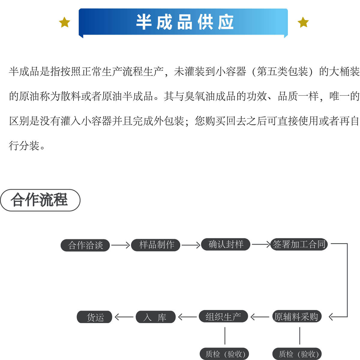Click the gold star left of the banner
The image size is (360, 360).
64,22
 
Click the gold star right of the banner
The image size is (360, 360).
303,22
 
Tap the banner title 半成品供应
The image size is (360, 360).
184,22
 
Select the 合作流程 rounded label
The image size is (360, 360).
40,200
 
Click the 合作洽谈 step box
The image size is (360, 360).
85,245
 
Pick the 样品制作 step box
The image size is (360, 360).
156,245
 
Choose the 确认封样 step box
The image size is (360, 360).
226,244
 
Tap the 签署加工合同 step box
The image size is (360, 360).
299,244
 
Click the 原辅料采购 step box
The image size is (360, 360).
296,317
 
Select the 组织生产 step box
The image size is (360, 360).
223,317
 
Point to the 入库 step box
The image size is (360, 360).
155,317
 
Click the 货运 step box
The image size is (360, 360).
95,317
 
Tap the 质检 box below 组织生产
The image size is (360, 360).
225,354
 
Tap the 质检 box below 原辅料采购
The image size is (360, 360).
297,354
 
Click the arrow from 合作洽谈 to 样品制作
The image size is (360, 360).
120,245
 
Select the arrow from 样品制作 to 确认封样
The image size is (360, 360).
191,245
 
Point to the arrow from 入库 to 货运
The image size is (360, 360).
124,317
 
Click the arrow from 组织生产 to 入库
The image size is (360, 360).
187,317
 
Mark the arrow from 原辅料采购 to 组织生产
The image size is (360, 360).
260,317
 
